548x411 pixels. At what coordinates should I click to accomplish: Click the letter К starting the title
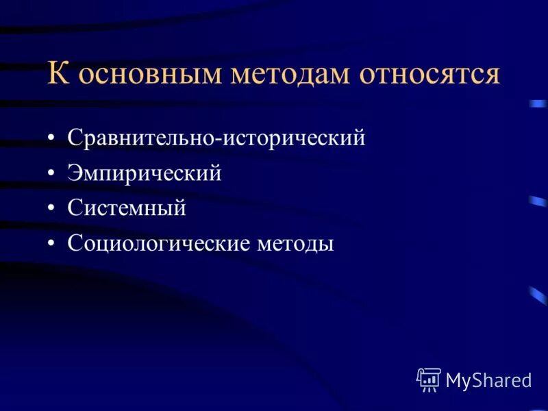[x=58, y=73]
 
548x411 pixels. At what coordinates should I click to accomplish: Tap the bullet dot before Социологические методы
[x=52, y=245]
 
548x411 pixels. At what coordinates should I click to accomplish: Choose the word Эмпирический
[x=145, y=174]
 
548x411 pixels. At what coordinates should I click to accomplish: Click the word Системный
[x=127, y=209]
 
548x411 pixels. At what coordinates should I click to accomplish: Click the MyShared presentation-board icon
[x=429, y=379]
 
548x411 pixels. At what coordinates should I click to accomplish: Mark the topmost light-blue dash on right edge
[x=538, y=104]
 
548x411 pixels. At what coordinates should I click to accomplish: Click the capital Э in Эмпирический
[x=74, y=174]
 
